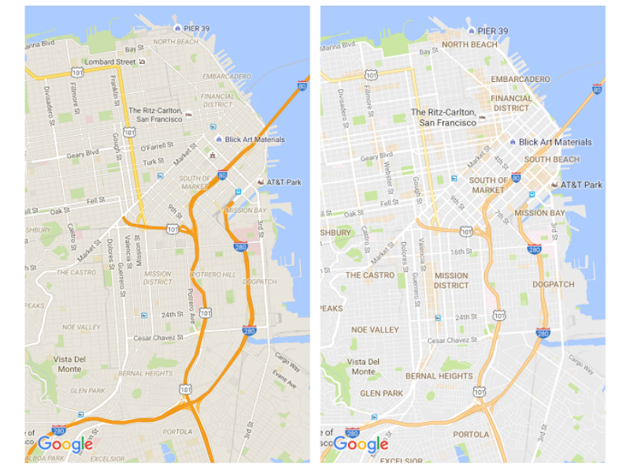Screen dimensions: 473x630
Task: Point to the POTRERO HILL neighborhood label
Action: tap(215, 274)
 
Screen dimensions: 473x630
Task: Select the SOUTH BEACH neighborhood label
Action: tap(551, 160)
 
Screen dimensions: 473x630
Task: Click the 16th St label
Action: tap(461, 252)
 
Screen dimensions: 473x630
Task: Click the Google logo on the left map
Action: tap(65, 445)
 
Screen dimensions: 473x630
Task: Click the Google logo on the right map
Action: tap(361, 445)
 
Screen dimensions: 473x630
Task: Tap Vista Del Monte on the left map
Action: tap(68, 363)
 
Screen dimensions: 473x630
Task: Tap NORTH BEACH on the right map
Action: tap(469, 45)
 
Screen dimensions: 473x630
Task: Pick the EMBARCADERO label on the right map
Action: tap(520, 80)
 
